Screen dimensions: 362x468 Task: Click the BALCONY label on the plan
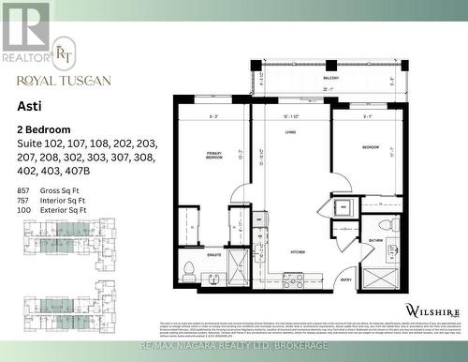pos(330,78)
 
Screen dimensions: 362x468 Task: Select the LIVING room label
pos(291,134)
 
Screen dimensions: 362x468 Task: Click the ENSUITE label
pos(212,254)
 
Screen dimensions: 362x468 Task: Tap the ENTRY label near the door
pos(346,279)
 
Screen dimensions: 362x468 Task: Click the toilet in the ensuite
pos(187,271)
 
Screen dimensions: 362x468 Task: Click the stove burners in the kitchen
pos(293,279)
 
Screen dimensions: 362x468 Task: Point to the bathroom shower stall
pos(380,278)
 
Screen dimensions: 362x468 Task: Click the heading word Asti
pos(28,108)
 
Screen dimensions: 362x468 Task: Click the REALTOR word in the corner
pos(24,57)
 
